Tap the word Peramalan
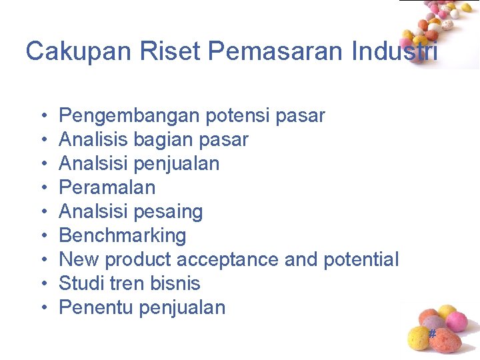(107, 188)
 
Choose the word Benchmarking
(123, 236)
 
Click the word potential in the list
(361, 259)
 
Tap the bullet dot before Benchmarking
(43, 236)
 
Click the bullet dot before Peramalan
(43, 188)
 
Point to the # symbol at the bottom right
(431, 333)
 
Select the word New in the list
(79, 259)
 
